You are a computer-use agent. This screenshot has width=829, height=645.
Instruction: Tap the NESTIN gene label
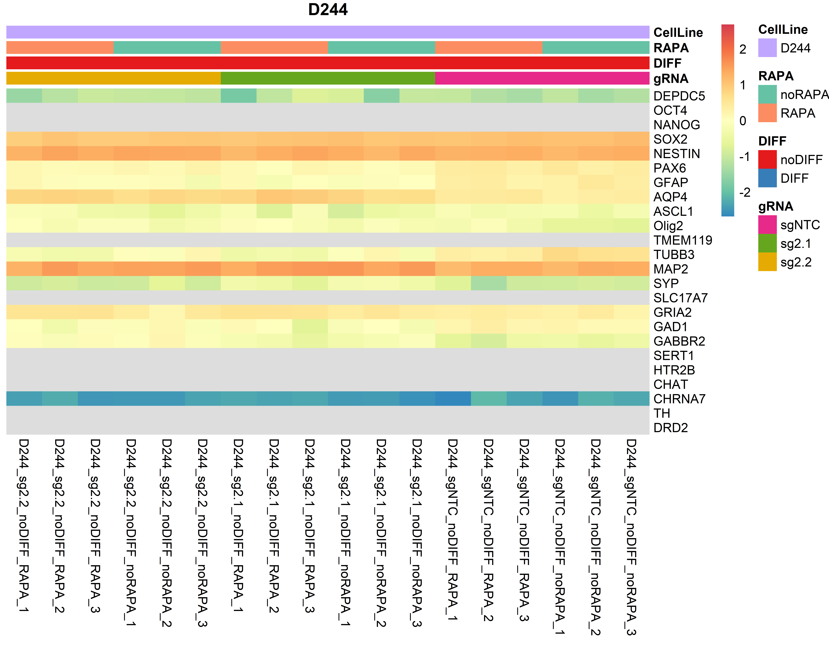(x=676, y=154)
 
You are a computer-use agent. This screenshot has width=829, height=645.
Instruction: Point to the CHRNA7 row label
(x=679, y=399)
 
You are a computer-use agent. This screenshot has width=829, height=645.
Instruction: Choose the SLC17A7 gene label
(x=680, y=298)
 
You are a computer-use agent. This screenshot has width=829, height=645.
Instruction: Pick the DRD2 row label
(x=670, y=428)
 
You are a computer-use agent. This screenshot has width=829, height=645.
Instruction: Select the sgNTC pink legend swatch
(x=767, y=225)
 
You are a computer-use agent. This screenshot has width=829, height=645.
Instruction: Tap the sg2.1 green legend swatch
(x=767, y=243)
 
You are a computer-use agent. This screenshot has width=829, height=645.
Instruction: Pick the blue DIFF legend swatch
(x=767, y=178)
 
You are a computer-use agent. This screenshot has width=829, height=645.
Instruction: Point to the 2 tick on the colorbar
(x=742, y=49)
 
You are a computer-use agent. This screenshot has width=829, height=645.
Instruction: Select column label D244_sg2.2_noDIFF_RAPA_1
(x=24, y=526)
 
